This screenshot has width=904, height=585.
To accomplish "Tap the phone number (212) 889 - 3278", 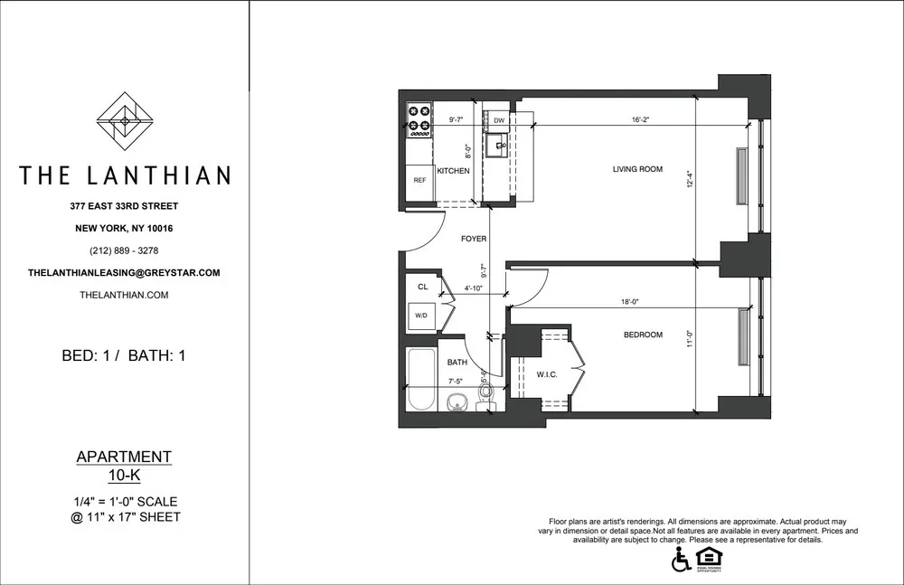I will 125,250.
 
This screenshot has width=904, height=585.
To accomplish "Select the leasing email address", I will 125,272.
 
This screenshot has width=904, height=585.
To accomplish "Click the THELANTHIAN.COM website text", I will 125,295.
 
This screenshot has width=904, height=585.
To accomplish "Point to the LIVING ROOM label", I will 638,169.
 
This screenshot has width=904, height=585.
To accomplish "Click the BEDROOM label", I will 644,335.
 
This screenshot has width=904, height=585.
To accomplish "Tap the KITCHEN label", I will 453,171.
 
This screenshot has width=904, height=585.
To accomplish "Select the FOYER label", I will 474,240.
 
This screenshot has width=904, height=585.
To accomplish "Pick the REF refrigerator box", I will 419,181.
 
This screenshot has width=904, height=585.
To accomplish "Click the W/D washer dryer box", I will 421,316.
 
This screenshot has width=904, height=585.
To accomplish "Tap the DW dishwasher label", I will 498,120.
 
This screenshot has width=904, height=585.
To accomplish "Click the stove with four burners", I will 419,120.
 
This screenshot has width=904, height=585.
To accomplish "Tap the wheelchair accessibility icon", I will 681,561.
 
